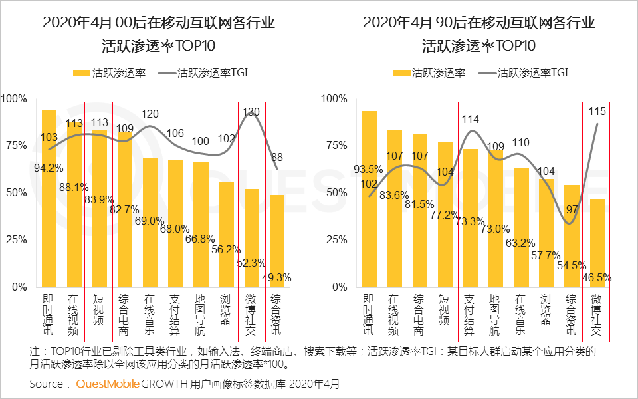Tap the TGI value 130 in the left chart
pyautogui.click(x=252, y=112)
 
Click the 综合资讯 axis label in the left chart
pyautogui.click(x=277, y=315)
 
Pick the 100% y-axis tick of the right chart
pyautogui.click(x=334, y=99)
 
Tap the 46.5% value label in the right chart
pyautogui.click(x=597, y=277)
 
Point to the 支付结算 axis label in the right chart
pyautogui.click(x=470, y=315)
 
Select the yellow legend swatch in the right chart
pyautogui.click(x=401, y=73)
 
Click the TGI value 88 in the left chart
pyautogui.click(x=277, y=158)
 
